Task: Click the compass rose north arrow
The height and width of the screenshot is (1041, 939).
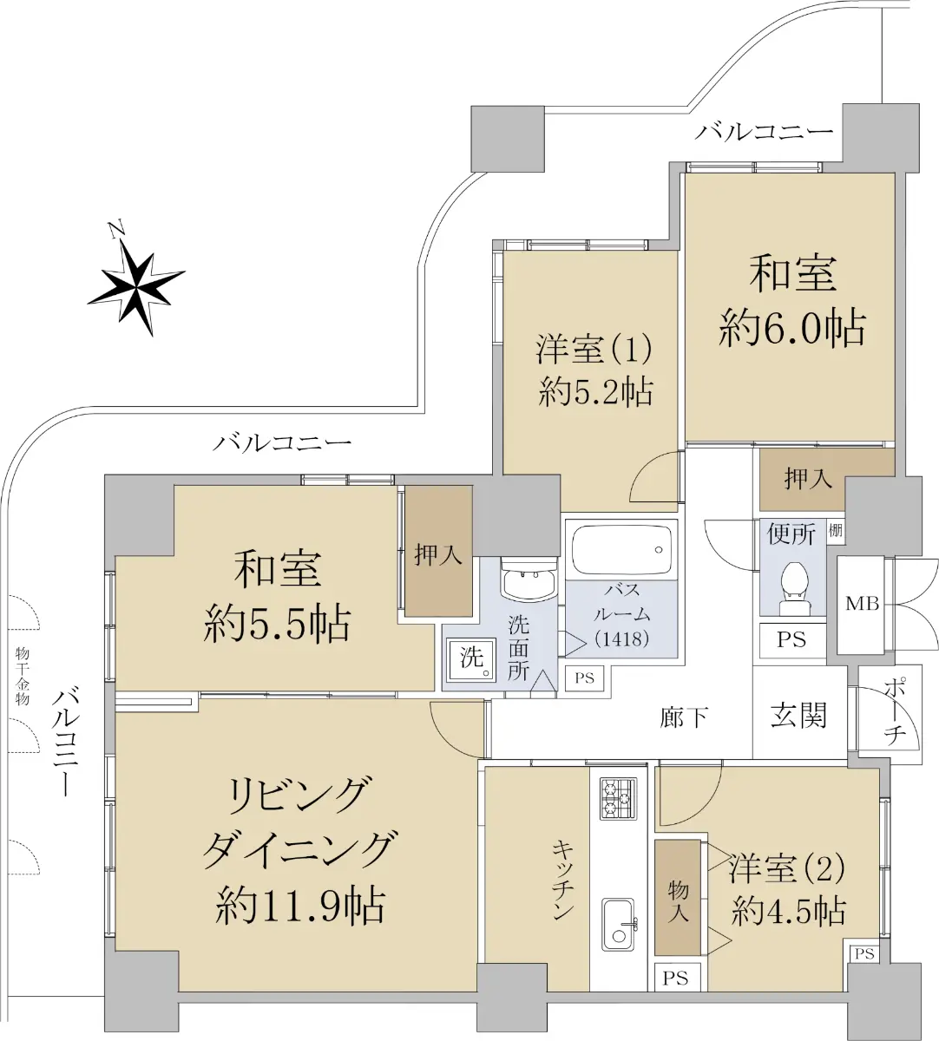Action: [x=136, y=281]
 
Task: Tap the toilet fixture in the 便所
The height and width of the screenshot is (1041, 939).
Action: [x=794, y=588]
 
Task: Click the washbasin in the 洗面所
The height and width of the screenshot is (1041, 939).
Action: [x=529, y=578]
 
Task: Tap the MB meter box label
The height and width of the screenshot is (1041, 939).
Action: [x=862, y=604]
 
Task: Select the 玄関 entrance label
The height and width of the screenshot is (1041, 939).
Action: [x=798, y=716]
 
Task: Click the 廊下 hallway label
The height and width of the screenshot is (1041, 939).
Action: [x=684, y=717]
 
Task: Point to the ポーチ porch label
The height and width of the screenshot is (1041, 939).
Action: [x=895, y=712]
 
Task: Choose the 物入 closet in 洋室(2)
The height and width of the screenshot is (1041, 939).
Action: [x=678, y=898]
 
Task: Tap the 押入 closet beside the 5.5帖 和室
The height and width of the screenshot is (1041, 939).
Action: [x=438, y=551]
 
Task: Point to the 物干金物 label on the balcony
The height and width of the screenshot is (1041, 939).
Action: [x=23, y=676]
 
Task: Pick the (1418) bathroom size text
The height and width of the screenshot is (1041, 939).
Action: [x=621, y=638]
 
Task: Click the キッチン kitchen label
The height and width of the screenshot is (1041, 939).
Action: [x=562, y=881]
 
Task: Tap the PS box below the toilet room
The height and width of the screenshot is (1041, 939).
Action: [x=791, y=639]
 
